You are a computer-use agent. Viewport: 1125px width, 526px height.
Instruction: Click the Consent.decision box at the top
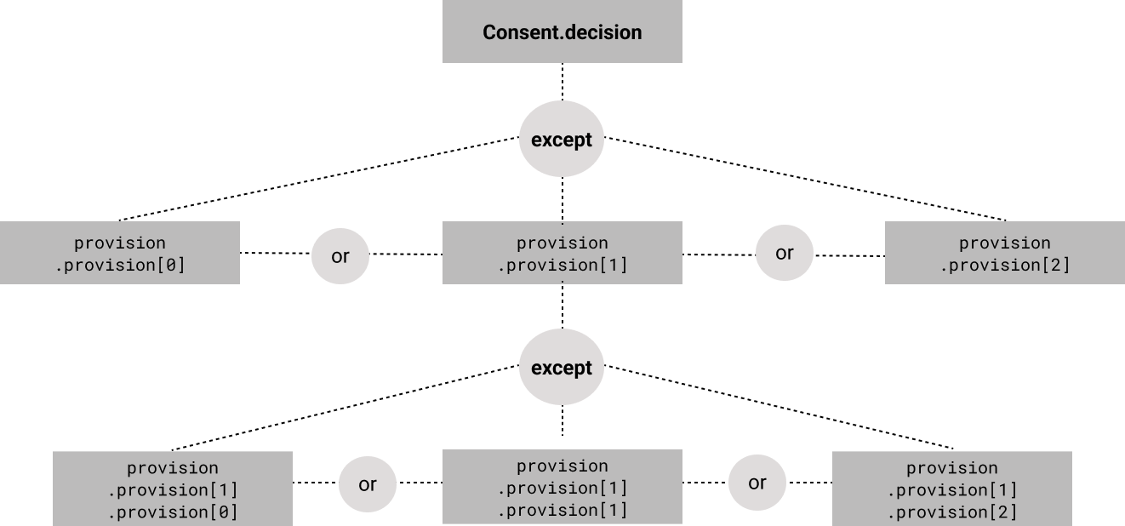point(562,31)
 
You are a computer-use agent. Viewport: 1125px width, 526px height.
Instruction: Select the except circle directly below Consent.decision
point(562,140)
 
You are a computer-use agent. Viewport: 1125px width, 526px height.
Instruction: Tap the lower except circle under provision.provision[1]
point(562,368)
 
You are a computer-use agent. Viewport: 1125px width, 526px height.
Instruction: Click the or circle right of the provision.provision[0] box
point(340,255)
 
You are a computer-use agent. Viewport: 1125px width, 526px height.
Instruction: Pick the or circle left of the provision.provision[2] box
point(785,253)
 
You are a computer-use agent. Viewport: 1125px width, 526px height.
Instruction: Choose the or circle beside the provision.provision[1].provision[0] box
point(368,484)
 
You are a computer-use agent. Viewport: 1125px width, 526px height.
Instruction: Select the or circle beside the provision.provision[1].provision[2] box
point(757,483)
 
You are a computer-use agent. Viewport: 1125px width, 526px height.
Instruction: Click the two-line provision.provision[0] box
point(120,253)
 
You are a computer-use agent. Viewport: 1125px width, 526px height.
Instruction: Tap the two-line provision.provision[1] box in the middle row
point(562,253)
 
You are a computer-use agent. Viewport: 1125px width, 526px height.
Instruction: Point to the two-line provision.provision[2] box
point(1005,253)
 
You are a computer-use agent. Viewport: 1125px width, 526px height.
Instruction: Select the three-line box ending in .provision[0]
point(173,489)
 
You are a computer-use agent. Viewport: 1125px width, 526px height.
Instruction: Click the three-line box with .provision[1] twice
point(562,487)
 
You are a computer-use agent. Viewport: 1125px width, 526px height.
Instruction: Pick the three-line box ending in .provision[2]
point(951,489)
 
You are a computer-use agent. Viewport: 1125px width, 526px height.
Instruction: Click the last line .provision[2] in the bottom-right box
point(951,512)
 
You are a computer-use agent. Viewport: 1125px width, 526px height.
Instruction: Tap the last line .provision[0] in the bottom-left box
point(173,512)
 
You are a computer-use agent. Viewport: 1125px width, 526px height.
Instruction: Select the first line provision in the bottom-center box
point(562,466)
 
